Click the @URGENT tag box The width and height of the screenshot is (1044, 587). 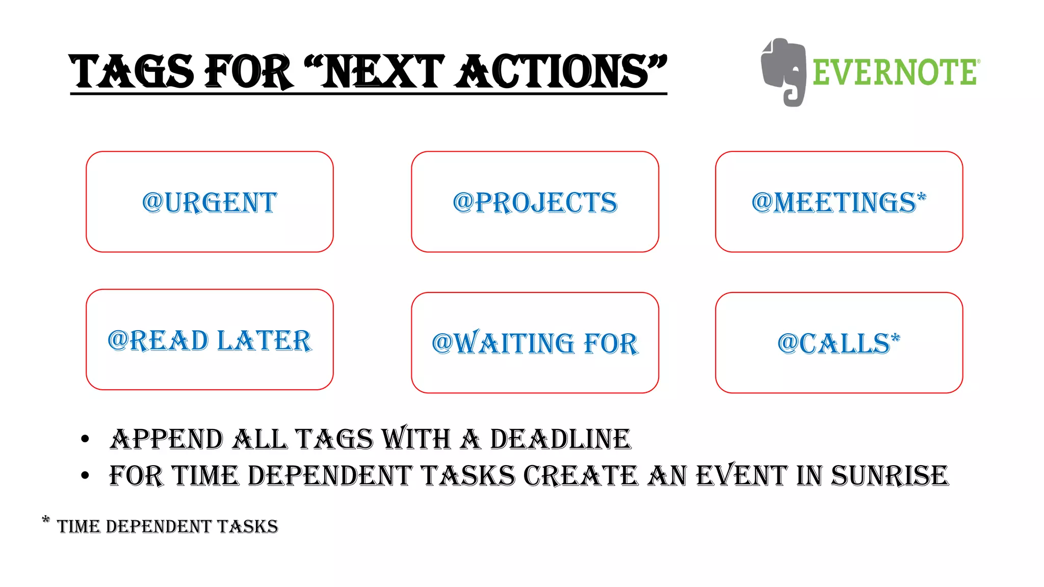[x=210, y=202]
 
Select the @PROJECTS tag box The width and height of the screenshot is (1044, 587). [x=535, y=202]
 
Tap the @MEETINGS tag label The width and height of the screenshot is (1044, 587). [x=834, y=202]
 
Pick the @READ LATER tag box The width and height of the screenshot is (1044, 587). [x=210, y=340]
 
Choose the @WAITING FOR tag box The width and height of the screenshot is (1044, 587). [x=535, y=343]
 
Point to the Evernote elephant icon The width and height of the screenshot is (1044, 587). [x=784, y=72]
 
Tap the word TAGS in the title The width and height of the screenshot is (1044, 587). [x=132, y=72]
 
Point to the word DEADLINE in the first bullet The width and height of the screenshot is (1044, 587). [x=560, y=439]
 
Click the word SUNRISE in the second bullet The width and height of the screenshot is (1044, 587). [x=890, y=476]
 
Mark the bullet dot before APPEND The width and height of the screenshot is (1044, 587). [x=85, y=439]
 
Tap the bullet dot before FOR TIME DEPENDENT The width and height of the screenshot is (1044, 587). [x=85, y=476]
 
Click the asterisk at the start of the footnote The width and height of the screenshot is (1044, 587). [x=46, y=520]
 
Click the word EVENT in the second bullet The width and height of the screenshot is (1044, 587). [x=742, y=476]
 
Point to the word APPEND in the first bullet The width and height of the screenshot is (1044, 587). [x=166, y=439]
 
